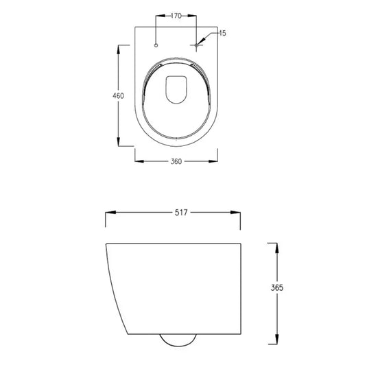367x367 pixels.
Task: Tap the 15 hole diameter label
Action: coord(222,33)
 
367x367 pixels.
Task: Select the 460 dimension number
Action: coord(118,95)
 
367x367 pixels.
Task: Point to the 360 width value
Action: coord(177,161)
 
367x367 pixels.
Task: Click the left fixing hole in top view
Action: coord(157,45)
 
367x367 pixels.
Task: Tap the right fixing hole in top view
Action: coord(197,45)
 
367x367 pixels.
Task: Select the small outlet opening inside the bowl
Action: coord(177,90)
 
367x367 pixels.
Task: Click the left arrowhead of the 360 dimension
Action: coord(137,161)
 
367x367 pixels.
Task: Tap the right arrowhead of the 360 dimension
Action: coord(217,161)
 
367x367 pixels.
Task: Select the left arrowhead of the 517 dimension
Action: coord(108,213)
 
